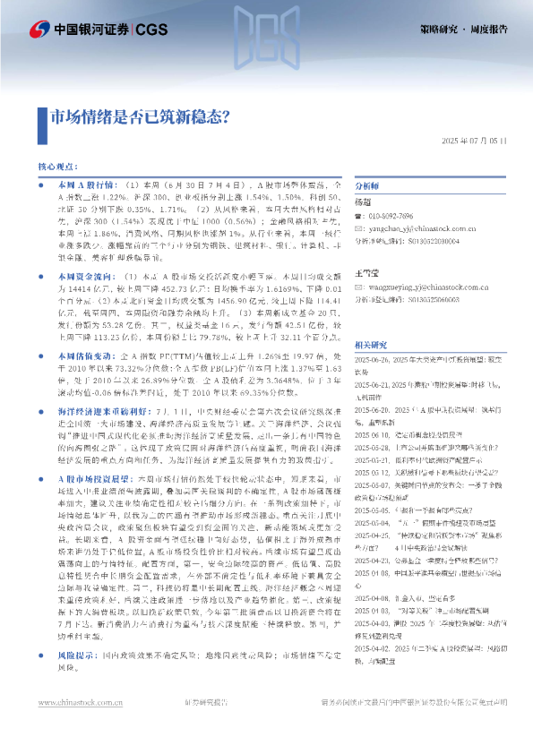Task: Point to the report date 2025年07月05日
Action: coord(480,142)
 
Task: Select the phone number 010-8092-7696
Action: coord(393,217)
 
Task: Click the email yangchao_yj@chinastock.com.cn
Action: coord(420,228)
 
